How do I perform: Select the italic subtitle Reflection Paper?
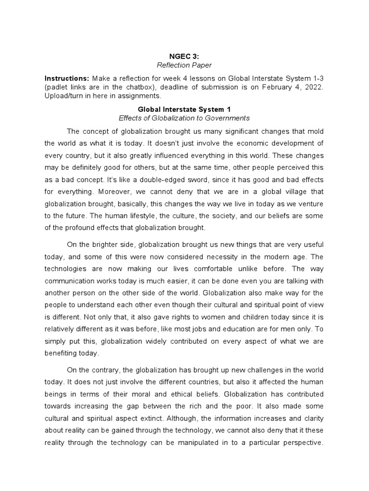click(x=185, y=65)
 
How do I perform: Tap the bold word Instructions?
click(x=67, y=78)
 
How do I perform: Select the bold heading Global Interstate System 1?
click(x=184, y=109)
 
